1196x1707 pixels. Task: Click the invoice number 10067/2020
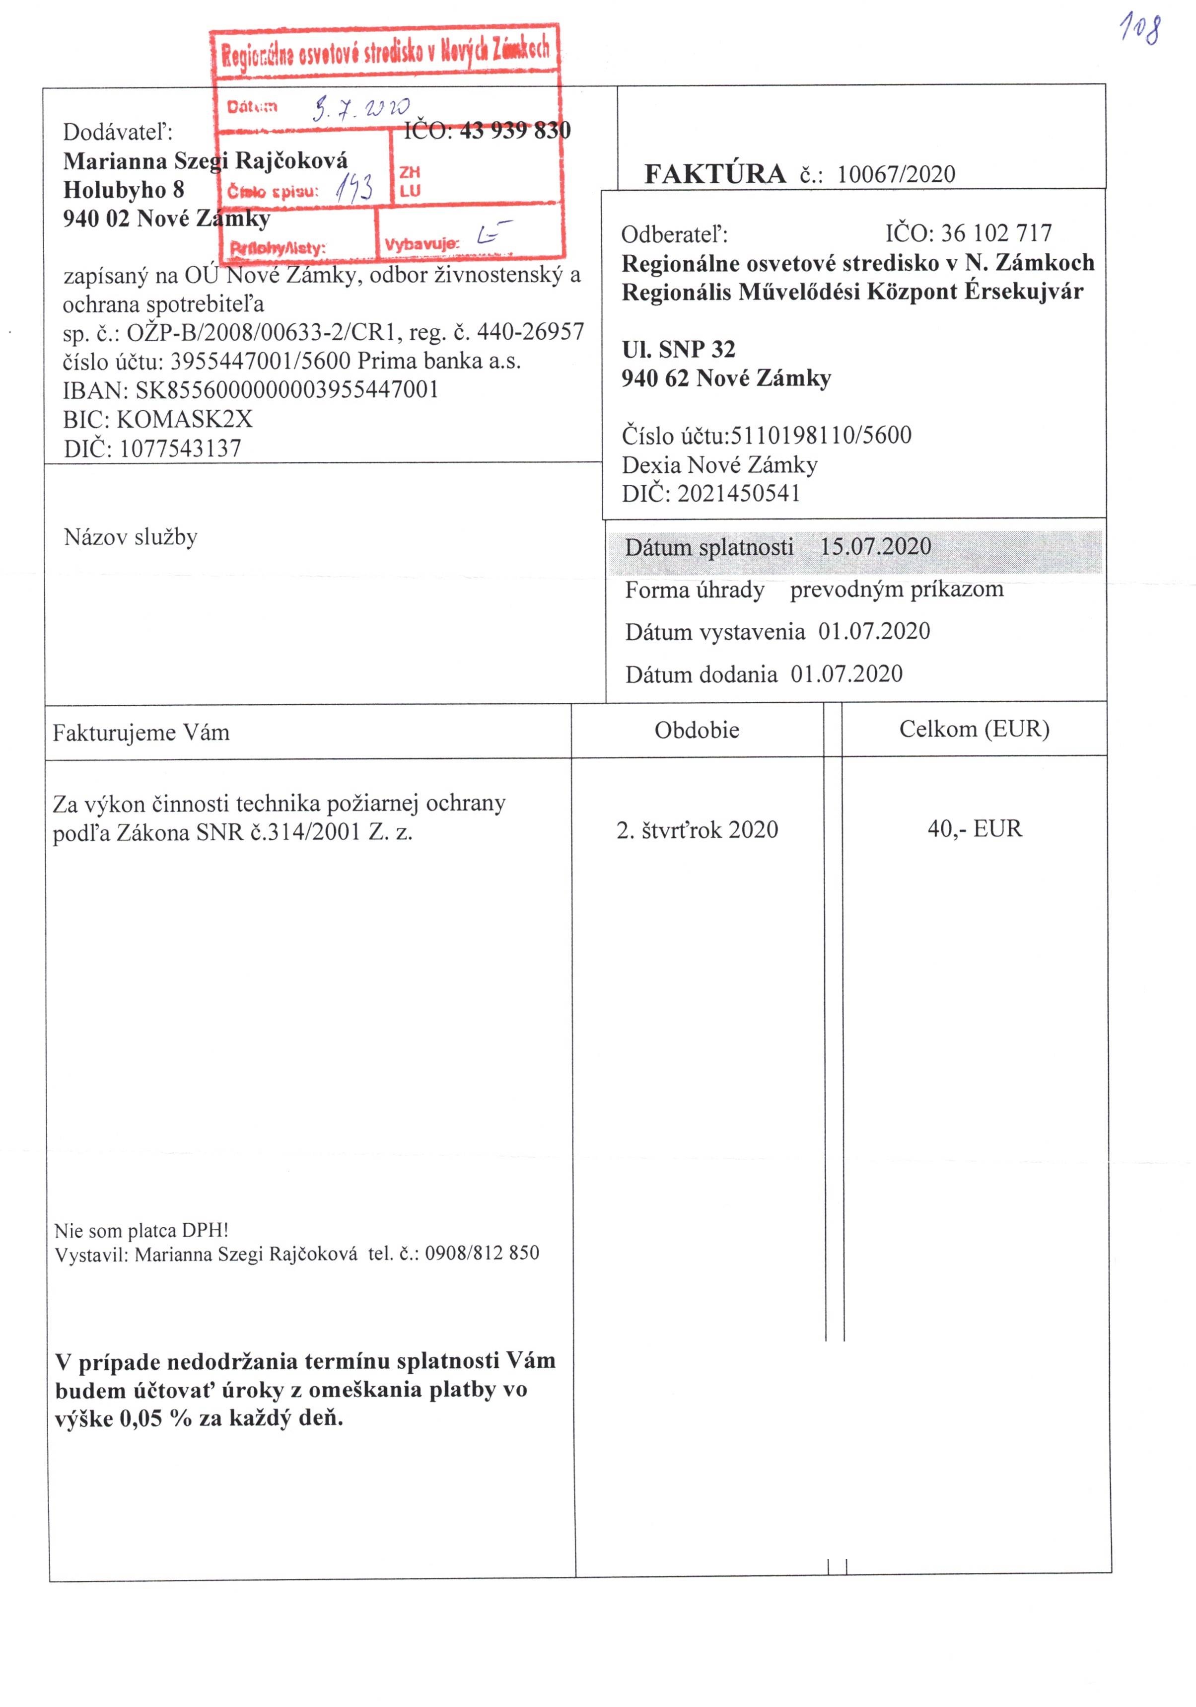coord(895,174)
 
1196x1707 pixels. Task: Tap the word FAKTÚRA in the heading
coord(713,174)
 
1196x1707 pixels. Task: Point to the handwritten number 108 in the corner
coord(1140,30)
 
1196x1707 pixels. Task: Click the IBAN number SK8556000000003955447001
coord(287,389)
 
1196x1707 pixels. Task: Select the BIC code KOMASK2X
coord(184,419)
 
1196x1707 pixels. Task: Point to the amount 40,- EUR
coord(974,828)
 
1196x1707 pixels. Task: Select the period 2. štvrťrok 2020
coord(697,830)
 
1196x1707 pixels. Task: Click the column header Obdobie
coord(697,730)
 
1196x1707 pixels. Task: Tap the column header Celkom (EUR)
coord(974,729)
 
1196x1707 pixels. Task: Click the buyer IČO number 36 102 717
coord(996,233)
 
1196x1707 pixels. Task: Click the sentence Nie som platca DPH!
coord(141,1230)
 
